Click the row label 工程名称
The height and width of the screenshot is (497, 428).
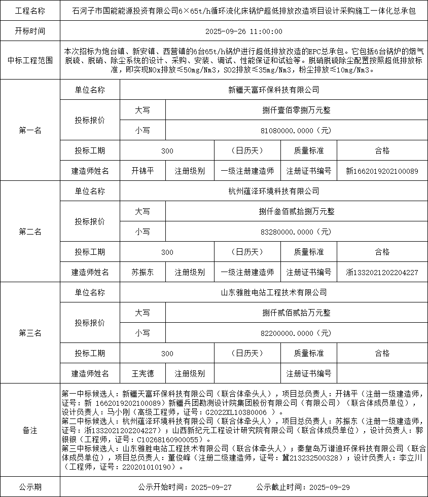click(x=30, y=11)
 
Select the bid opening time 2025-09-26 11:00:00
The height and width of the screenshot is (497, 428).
click(x=244, y=31)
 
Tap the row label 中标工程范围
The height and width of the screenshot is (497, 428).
click(x=30, y=60)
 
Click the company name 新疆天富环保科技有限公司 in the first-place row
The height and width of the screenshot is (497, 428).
click(x=274, y=90)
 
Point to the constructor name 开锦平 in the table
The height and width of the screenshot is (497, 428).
click(x=142, y=171)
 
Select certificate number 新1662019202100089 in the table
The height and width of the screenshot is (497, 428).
click(x=382, y=171)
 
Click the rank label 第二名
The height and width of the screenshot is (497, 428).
click(x=30, y=232)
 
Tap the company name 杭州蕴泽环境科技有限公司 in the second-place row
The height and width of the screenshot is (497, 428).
click(x=274, y=192)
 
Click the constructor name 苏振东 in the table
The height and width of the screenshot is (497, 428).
click(x=142, y=272)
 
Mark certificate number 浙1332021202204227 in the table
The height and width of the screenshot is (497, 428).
click(x=382, y=273)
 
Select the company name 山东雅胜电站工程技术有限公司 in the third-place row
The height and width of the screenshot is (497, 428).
click(x=274, y=292)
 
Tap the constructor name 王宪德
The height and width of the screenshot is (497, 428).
click(x=142, y=373)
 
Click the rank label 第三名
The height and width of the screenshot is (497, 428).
click(x=30, y=333)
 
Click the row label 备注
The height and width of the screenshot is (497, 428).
click(x=30, y=430)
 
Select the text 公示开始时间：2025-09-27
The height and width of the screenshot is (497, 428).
click(x=185, y=487)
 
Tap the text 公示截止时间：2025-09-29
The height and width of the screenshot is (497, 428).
click(x=303, y=487)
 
